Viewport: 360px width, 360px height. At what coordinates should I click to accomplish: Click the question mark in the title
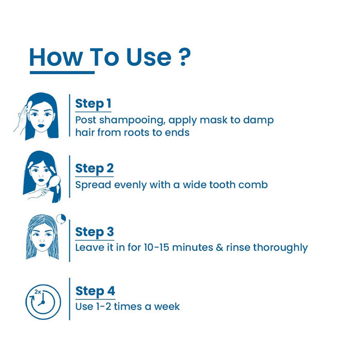184,57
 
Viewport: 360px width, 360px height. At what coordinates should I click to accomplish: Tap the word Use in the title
149,57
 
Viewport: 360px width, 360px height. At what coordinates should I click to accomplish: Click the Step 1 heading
93,103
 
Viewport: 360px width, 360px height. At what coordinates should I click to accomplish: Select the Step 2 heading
94,169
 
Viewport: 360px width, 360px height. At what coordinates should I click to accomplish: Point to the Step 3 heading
95,232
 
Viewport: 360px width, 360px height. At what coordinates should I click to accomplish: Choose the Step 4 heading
95,291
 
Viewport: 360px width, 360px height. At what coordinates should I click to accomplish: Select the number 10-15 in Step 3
156,247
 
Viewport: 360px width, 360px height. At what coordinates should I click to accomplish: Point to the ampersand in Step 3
220,247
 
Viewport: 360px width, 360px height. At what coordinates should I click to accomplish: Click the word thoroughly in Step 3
280,248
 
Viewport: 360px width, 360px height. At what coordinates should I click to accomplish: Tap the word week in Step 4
167,307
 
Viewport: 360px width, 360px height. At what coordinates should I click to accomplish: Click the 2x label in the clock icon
38,292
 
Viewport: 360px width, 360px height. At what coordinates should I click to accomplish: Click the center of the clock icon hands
43,302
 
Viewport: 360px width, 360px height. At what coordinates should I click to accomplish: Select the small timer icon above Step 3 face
61,219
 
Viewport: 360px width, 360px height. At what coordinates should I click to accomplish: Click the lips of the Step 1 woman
41,125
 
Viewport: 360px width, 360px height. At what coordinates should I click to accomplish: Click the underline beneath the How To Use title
62,73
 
